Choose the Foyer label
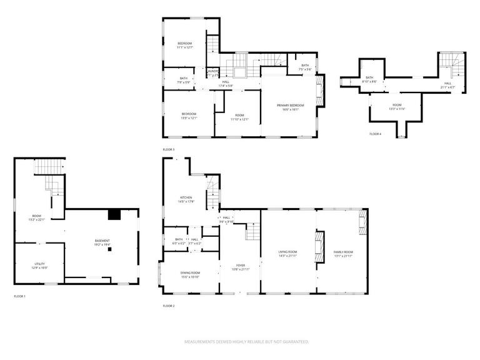pyautogui.click(x=240, y=267)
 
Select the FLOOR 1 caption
pyautogui.click(x=20, y=296)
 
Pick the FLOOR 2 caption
pyautogui.click(x=169, y=306)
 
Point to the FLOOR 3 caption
pyautogui.click(x=169, y=150)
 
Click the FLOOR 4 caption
pyautogui.click(x=375, y=134)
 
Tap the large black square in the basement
pyautogui.click(x=114, y=215)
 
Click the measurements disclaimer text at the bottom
pyautogui.click(x=246, y=342)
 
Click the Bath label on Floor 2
pyautogui.click(x=179, y=241)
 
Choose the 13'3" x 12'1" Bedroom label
pyautogui.click(x=189, y=116)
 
